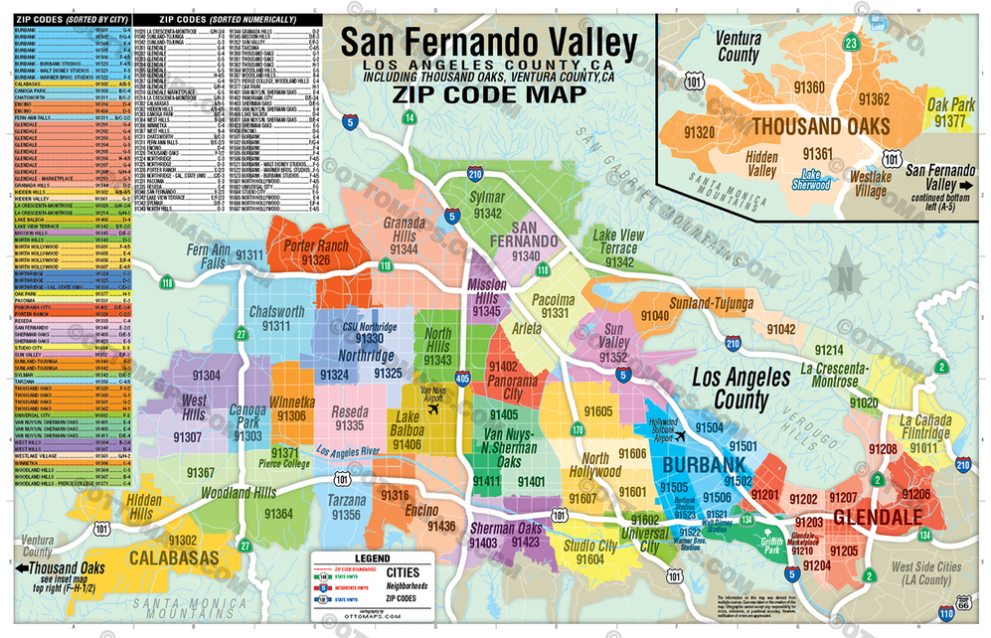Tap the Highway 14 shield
tap(410, 118)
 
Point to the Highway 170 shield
tap(550, 429)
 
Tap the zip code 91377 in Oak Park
tap(950, 121)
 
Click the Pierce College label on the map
tap(282, 463)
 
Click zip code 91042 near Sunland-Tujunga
tap(781, 328)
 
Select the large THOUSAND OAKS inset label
tap(820, 126)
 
